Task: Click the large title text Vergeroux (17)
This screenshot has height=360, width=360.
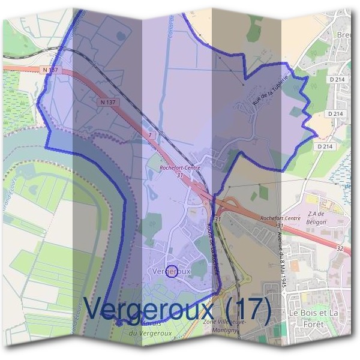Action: click(x=177, y=308)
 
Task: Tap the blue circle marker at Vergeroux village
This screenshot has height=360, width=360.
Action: click(x=171, y=272)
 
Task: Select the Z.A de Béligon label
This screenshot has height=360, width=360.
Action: click(x=320, y=219)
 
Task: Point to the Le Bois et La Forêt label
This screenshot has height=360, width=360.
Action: click(x=313, y=319)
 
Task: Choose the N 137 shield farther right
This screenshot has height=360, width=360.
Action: click(x=108, y=102)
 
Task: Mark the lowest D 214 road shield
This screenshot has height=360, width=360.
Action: click(x=325, y=146)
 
